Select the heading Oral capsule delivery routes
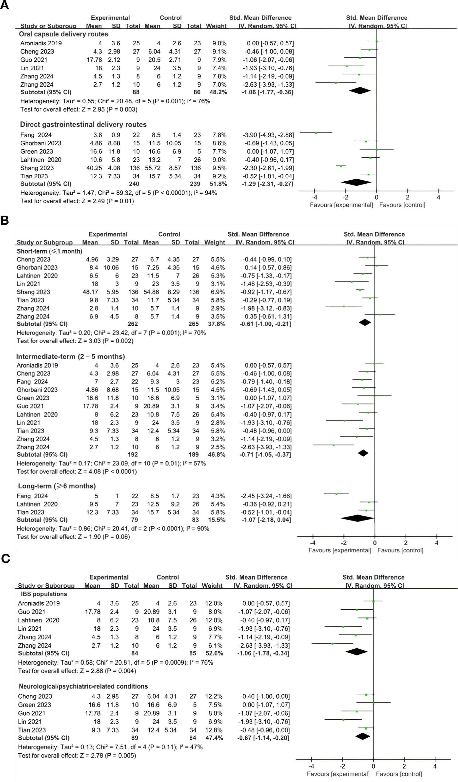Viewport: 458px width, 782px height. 63,34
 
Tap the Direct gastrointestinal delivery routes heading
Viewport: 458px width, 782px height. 83,124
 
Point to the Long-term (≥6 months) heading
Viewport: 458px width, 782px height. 57,486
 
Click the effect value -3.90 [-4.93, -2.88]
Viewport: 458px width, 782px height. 268,135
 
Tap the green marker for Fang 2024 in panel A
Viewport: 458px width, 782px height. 316,133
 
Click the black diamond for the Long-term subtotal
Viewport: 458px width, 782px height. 357,518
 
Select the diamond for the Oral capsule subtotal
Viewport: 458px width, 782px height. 359,91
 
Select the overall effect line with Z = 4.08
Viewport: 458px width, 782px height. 77,471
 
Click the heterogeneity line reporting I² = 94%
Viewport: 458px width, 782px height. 119,193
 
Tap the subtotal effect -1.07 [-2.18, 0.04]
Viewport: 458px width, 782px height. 266,520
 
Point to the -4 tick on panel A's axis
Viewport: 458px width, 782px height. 314,197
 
